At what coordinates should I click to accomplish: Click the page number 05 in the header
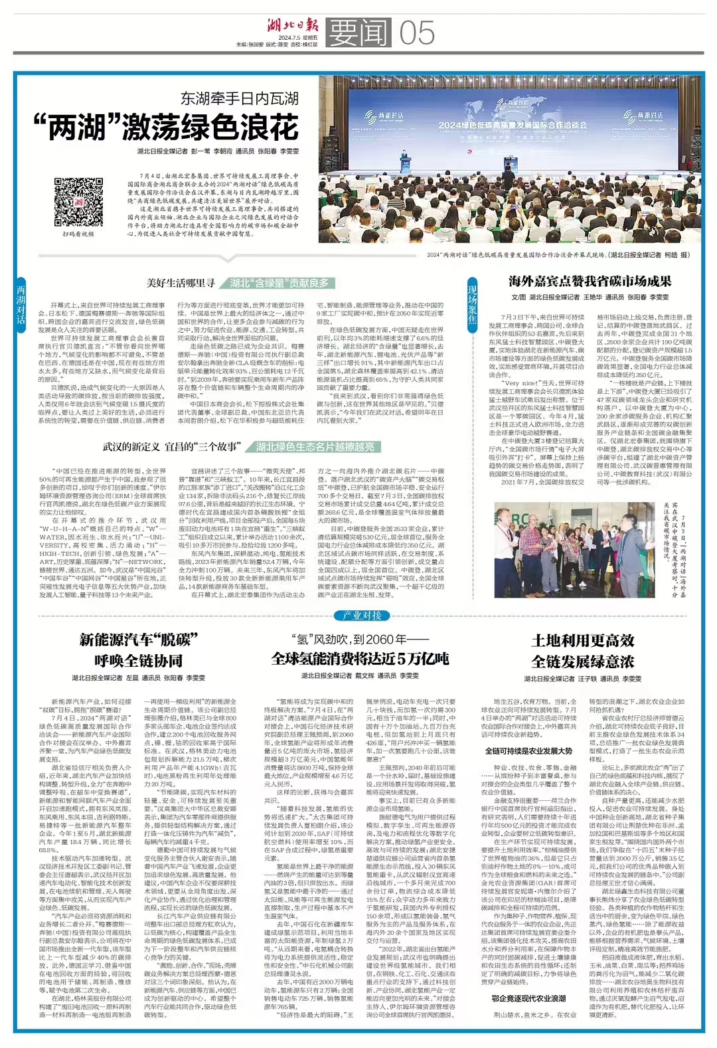click(x=417, y=32)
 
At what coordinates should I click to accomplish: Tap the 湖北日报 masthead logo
click(x=293, y=26)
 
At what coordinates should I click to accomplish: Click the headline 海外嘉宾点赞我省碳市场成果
click(x=590, y=281)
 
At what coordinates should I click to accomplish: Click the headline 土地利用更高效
click(x=583, y=640)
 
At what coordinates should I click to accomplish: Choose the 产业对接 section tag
click(x=362, y=616)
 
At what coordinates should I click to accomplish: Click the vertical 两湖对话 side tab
click(x=21, y=305)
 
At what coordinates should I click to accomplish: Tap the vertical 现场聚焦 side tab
click(x=473, y=305)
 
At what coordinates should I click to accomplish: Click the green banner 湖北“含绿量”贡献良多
click(x=279, y=283)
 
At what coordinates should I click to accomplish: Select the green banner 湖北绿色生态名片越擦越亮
click(x=315, y=446)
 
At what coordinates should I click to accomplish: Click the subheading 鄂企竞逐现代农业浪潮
click(x=528, y=998)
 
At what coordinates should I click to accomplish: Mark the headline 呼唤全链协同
click(x=138, y=661)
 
